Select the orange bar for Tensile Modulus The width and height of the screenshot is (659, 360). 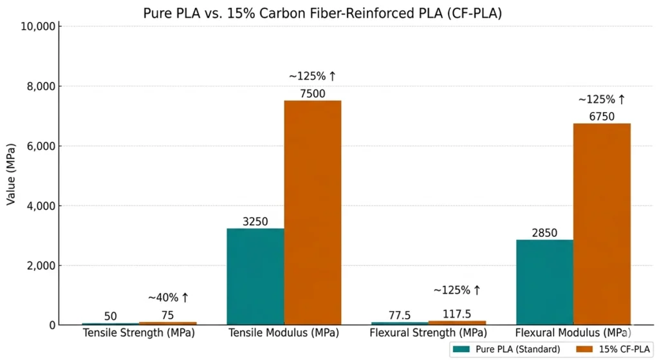[x=313, y=213]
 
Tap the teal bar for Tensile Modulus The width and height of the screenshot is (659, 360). [x=255, y=276]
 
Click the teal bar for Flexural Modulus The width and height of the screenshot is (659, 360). [x=544, y=282]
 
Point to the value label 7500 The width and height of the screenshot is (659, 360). [x=313, y=93]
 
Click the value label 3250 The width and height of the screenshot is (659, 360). [x=255, y=221]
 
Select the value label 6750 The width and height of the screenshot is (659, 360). [x=602, y=116]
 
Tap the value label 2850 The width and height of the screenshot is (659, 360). [x=544, y=232]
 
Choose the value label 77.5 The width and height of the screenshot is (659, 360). [x=400, y=316]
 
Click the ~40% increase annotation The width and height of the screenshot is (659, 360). [x=169, y=298]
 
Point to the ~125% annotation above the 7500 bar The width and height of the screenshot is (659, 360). [x=313, y=76]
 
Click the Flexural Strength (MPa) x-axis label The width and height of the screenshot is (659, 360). [x=428, y=334]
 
